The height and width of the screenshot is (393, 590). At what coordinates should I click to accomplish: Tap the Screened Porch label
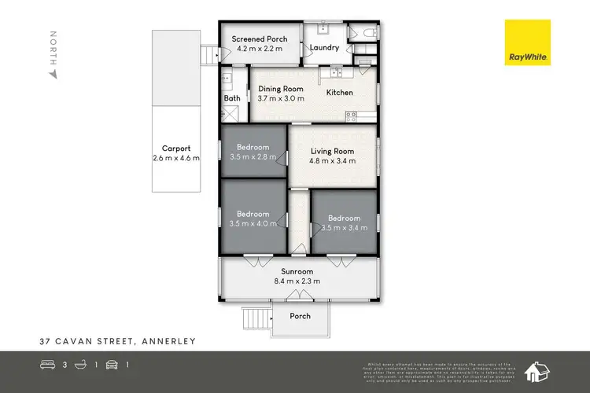coord(259,39)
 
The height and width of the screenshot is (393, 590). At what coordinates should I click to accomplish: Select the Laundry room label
coord(324,48)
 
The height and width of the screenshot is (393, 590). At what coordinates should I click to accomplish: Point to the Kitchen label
coord(340,93)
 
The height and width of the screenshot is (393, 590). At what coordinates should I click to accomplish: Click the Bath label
coord(232,98)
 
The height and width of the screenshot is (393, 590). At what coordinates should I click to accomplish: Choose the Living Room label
coord(332,151)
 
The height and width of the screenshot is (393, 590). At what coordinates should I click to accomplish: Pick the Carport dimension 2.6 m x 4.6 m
coord(175,158)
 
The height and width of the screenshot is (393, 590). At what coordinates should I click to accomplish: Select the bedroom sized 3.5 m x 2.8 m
coord(253,152)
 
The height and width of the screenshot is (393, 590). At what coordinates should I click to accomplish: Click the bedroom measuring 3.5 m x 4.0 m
coord(253,219)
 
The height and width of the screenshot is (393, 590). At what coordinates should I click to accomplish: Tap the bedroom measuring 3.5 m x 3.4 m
coord(344,223)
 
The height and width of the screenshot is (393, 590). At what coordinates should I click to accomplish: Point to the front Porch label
coord(300,316)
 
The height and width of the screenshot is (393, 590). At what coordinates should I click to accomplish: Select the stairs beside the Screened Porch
coord(209,55)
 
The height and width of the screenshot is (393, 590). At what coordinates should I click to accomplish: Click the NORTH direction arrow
coord(53,73)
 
